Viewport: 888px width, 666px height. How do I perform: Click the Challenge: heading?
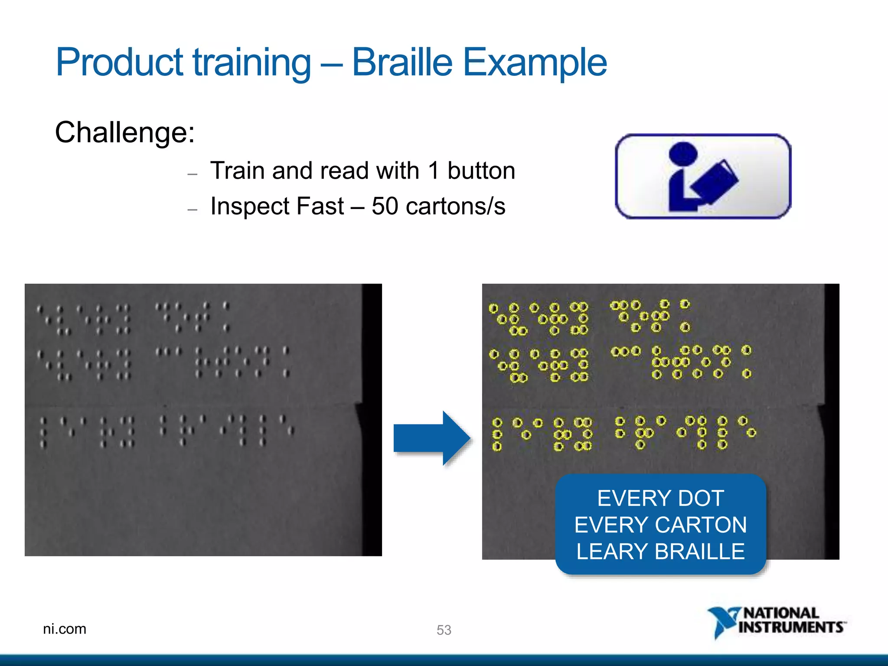click(x=125, y=132)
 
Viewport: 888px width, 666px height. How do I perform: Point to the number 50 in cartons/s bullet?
click(x=385, y=206)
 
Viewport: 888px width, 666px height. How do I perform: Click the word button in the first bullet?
click(x=481, y=170)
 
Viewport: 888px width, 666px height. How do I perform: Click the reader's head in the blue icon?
click(x=683, y=153)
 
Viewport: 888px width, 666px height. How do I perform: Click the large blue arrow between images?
click(x=431, y=438)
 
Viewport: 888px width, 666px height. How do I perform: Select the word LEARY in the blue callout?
click(x=612, y=552)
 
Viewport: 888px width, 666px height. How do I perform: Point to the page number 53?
click(x=444, y=630)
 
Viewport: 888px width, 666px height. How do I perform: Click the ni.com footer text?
click(x=65, y=629)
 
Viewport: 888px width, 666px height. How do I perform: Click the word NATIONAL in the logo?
click(x=781, y=613)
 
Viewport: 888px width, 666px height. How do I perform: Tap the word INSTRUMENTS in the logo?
click(x=791, y=627)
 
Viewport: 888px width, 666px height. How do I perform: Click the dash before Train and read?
click(x=193, y=174)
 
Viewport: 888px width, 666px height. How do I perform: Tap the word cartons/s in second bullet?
click(x=455, y=206)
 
